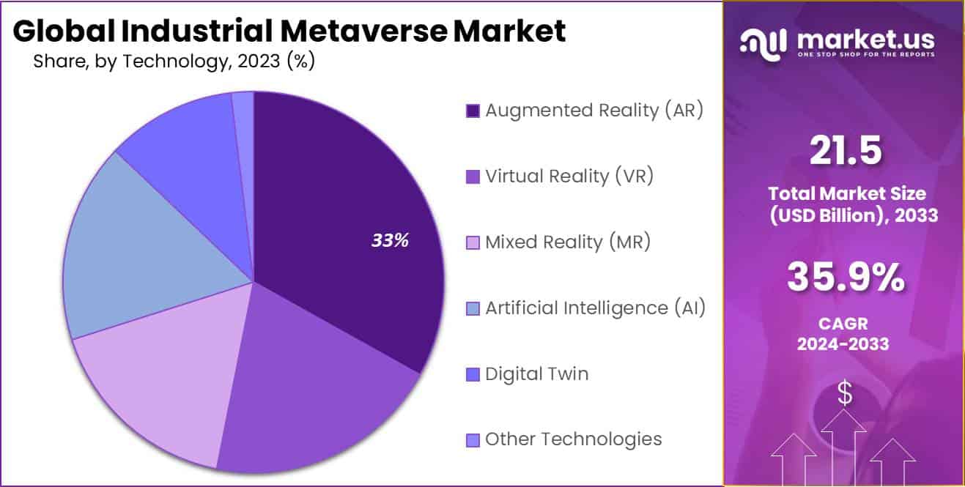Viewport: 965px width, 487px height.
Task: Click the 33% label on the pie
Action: point(390,240)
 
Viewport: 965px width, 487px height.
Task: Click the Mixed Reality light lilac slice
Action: point(161,381)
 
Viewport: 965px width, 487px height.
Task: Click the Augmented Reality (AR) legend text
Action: point(594,111)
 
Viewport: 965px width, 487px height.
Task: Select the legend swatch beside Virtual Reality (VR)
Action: point(473,176)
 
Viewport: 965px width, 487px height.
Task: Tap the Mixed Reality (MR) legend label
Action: point(568,242)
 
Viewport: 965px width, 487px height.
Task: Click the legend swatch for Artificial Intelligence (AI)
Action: point(473,308)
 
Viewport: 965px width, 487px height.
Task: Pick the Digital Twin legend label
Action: point(536,374)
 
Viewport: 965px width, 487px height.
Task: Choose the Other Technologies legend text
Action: point(573,439)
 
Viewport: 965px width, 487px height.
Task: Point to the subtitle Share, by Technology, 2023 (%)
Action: point(174,62)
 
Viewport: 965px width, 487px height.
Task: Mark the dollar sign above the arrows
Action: point(846,394)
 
